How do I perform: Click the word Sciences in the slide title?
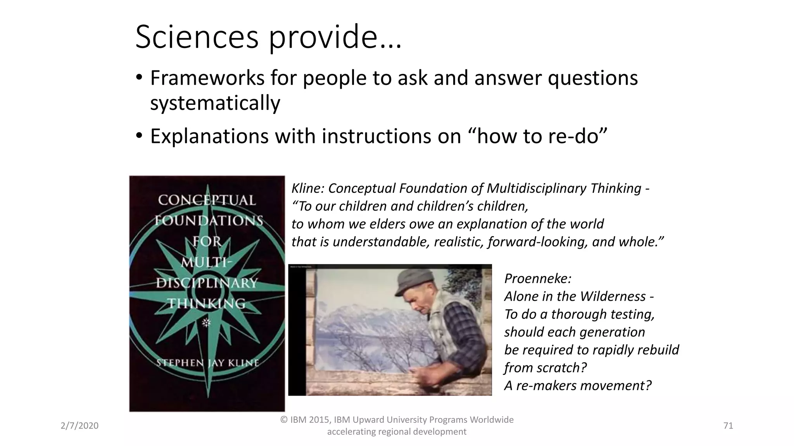pos(197,38)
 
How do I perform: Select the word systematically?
pos(215,103)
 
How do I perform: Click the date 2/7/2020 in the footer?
pos(79,426)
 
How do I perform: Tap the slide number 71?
pos(728,426)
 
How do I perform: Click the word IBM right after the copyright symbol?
pos(298,420)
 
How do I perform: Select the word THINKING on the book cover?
pos(207,303)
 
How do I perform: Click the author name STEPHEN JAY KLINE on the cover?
pos(207,363)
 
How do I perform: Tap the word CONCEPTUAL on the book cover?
pos(207,200)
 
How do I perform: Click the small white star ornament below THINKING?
pos(206,322)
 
